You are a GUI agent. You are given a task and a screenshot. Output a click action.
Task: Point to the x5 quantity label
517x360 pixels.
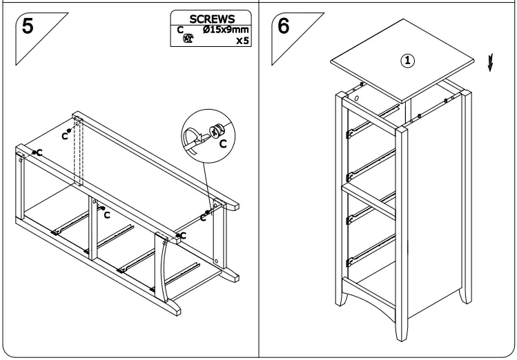coord(242,41)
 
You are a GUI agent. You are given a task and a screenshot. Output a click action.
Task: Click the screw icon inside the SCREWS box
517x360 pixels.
coord(186,40)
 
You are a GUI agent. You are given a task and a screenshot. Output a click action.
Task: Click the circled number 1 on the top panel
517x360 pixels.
coord(409,60)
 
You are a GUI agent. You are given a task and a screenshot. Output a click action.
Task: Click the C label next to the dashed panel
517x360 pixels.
coord(64,135)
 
